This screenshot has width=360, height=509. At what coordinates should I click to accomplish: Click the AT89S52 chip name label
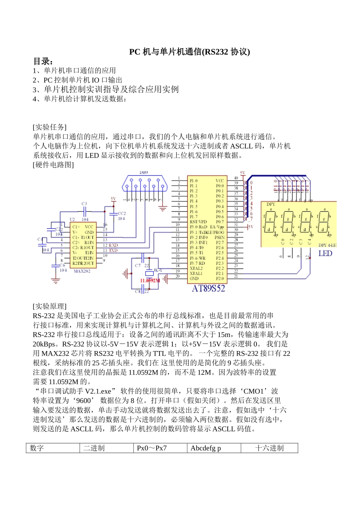tap(208, 289)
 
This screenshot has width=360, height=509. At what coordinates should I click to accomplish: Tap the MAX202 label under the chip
tap(82, 271)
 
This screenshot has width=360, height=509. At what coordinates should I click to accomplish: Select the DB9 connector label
tap(144, 173)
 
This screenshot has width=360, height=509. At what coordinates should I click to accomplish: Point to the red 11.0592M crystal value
tap(150, 281)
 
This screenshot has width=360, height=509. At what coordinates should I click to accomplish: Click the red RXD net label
tap(113, 245)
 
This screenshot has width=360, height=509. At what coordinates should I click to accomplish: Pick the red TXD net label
tap(113, 250)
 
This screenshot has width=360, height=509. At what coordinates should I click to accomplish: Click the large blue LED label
tap(325, 254)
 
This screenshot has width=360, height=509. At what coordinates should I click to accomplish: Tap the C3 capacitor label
tap(84, 204)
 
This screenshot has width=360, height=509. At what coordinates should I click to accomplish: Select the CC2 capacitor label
tap(122, 214)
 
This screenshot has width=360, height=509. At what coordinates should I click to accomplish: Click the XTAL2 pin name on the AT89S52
tap(196, 268)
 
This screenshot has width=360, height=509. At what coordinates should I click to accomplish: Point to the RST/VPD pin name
tap(198, 222)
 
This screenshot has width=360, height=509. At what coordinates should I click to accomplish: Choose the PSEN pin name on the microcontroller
tap(219, 237)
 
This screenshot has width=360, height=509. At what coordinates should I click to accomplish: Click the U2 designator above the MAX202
tap(72, 219)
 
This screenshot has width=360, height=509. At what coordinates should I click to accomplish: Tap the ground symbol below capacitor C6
tap(56, 281)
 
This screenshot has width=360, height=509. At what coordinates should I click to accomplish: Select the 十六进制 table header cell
tap(269, 448)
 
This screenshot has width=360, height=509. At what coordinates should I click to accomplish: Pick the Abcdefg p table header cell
tap(206, 448)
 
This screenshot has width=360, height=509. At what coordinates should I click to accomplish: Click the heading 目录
tap(43, 61)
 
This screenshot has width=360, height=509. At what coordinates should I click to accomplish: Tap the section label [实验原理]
tap(50, 306)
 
